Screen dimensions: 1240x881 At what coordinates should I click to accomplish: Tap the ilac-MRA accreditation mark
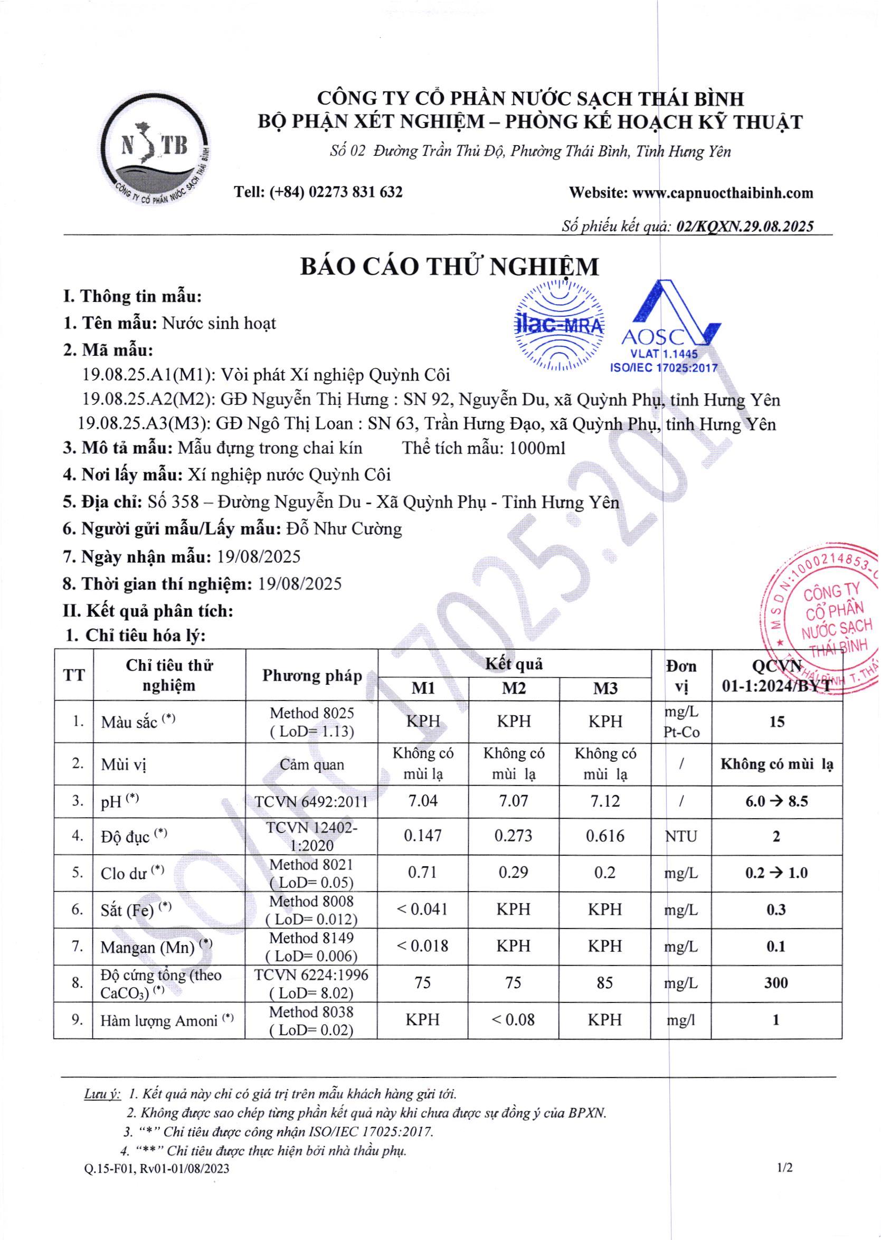(x=559, y=326)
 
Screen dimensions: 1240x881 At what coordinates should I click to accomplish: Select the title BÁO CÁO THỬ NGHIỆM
(x=450, y=267)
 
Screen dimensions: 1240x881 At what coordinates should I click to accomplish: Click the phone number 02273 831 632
(x=355, y=192)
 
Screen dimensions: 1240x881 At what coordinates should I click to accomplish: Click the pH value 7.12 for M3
(x=605, y=801)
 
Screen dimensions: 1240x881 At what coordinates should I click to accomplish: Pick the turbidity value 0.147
(x=423, y=835)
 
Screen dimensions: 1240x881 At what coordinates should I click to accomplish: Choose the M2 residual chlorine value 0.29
(x=513, y=872)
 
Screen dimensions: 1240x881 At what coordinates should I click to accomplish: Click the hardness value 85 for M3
(x=605, y=983)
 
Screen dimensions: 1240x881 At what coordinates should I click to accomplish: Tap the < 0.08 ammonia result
(x=513, y=1020)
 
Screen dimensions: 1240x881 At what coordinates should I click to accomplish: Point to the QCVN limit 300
(x=776, y=983)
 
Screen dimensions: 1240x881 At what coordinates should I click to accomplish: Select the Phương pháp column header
(x=312, y=676)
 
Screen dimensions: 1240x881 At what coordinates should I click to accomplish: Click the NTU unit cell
(x=681, y=836)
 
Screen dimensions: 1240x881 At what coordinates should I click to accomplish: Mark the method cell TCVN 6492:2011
(x=311, y=801)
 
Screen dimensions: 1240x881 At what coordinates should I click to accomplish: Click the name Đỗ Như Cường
(x=344, y=529)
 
